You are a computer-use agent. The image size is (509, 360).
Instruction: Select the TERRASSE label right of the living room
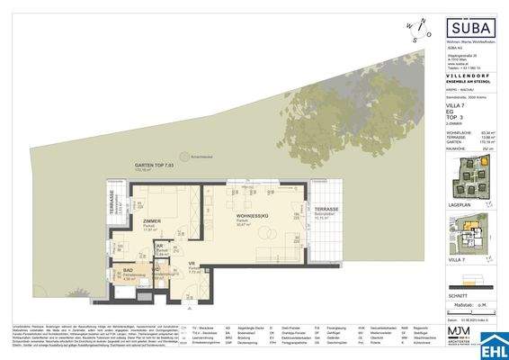(x=326, y=209)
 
